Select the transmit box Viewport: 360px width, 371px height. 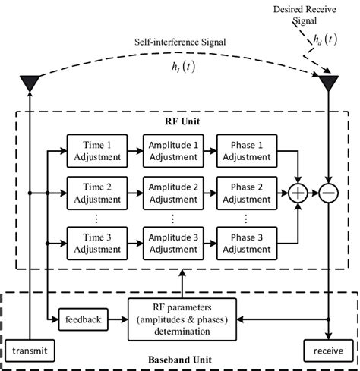click(x=30, y=351)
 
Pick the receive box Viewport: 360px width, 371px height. click(x=329, y=351)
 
